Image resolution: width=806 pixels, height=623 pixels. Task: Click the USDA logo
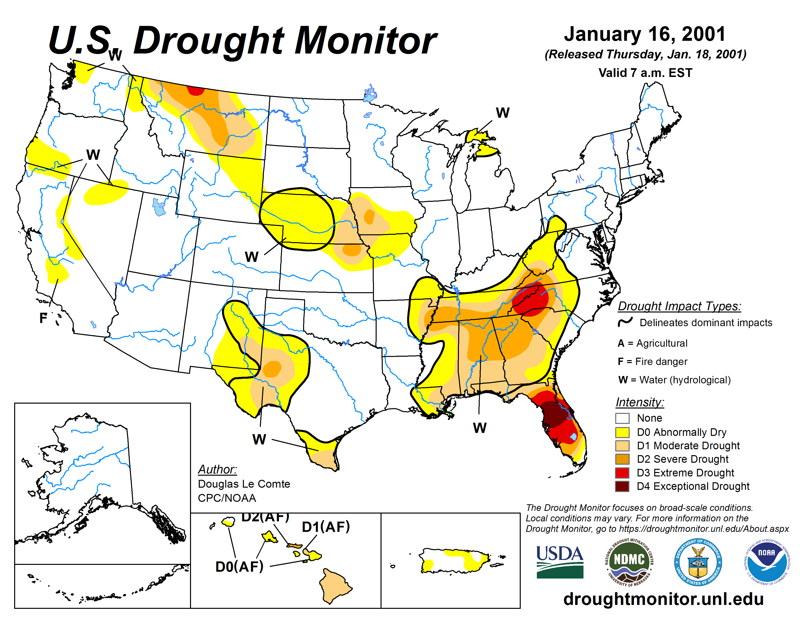pos(560,561)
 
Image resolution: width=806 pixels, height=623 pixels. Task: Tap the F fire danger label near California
pos(43,318)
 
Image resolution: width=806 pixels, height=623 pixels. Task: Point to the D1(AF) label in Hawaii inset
pos(326,527)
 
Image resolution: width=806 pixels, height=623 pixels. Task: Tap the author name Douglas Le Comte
pos(244,484)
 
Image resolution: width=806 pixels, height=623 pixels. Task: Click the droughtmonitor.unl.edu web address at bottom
pos(663,599)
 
